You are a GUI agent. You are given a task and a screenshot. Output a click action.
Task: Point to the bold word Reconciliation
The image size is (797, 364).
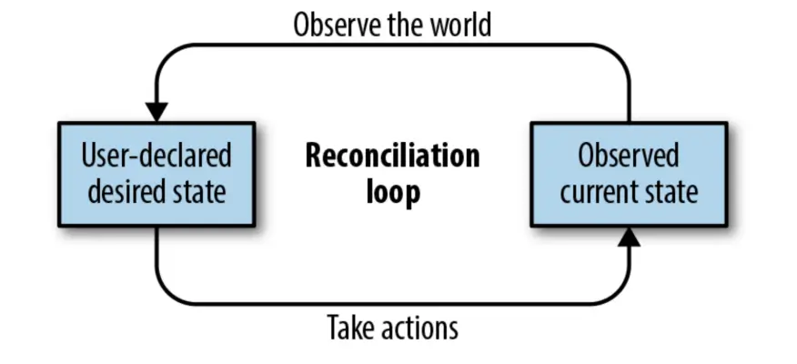[x=392, y=156]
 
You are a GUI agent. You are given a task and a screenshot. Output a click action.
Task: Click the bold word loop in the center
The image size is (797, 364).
[x=392, y=192]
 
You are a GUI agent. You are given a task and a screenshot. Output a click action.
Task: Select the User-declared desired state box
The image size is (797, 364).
[x=156, y=174]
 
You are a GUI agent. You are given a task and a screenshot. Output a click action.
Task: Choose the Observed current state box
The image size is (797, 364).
[x=629, y=174]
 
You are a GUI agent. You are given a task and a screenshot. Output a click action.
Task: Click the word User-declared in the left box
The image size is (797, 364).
[x=156, y=156]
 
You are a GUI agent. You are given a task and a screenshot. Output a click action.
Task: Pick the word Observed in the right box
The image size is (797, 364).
[x=629, y=156]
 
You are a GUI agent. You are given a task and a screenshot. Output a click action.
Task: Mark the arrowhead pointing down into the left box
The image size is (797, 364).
[x=156, y=111]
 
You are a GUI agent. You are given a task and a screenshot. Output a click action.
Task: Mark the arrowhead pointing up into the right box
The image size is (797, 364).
[x=629, y=238]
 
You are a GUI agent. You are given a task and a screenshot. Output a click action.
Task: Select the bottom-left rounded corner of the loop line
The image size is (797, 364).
[x=167, y=293]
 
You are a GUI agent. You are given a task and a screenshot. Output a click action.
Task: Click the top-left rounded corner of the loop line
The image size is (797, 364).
[x=167, y=55]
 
